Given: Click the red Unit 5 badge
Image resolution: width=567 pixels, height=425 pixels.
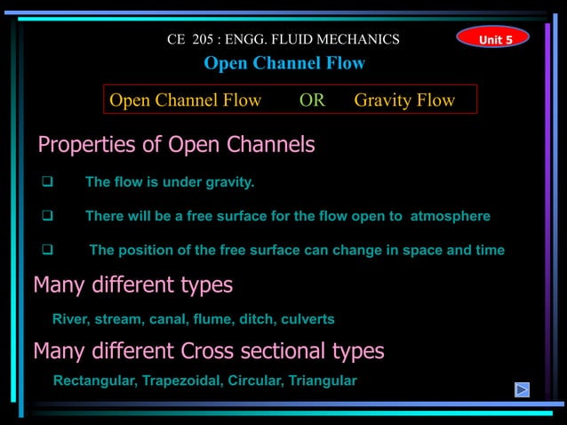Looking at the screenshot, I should [x=492, y=38].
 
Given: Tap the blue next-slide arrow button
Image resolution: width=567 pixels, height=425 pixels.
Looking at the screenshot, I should [x=523, y=389].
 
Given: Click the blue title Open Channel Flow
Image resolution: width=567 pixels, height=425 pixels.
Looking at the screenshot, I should [x=284, y=63].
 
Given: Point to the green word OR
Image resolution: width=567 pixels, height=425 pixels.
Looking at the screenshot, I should [x=312, y=100].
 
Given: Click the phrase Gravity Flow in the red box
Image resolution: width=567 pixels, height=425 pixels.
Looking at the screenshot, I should [x=404, y=100].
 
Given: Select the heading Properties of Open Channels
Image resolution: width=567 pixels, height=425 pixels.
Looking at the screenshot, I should [x=176, y=145].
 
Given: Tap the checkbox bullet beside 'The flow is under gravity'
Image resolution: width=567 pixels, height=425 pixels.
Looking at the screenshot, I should [x=50, y=182].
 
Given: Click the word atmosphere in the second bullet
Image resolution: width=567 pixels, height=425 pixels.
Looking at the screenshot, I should [x=450, y=216].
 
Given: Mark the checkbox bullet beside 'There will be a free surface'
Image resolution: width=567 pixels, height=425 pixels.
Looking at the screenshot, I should [x=50, y=216].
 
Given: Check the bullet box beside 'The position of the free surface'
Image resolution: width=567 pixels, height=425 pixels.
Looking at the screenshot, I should [x=50, y=250].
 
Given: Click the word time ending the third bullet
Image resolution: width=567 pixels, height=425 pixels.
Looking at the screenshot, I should [x=490, y=250].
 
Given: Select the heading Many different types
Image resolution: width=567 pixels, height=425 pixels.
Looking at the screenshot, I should [x=133, y=285].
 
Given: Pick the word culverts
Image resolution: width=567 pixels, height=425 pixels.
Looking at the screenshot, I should [x=307, y=318].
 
